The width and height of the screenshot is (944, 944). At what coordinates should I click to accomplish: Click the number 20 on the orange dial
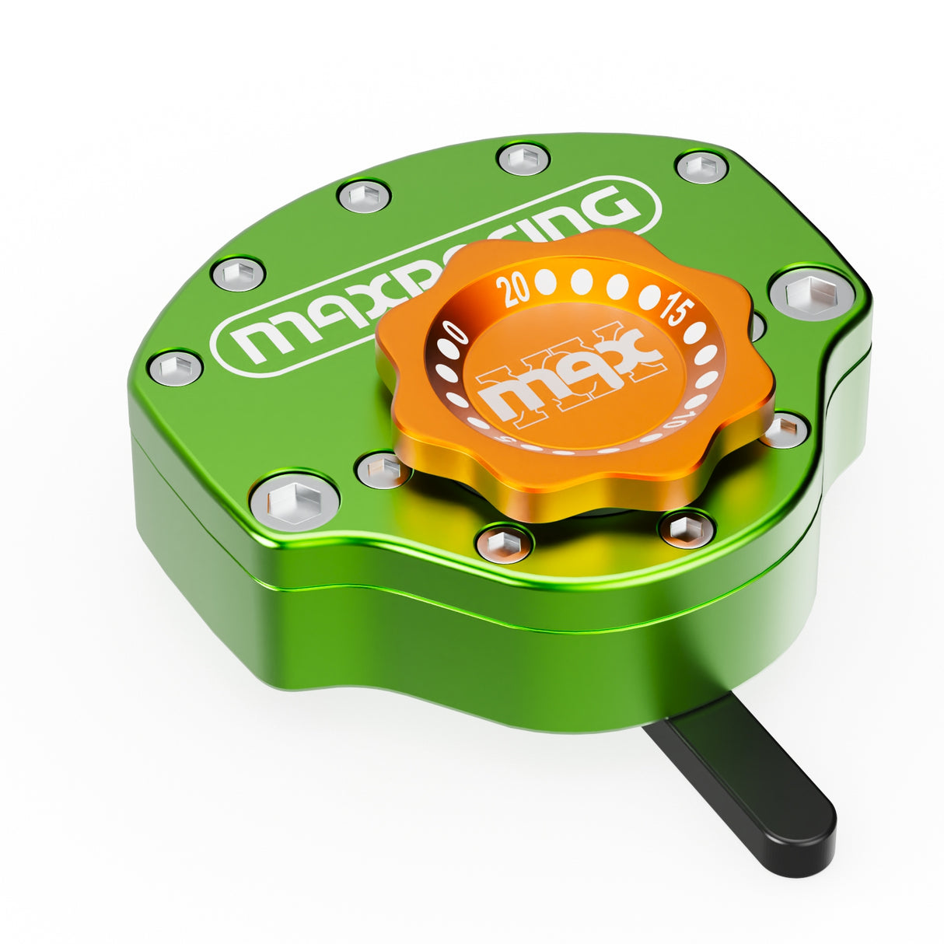pyautogui.click(x=516, y=290)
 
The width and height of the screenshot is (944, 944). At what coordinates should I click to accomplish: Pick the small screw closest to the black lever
pyautogui.click(x=687, y=530)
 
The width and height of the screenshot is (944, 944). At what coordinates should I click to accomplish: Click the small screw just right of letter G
pyautogui.click(x=702, y=166)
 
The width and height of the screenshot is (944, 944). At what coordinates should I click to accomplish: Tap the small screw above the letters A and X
pyautogui.click(x=365, y=195)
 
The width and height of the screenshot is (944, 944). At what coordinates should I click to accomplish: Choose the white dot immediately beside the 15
pyautogui.click(x=649, y=295)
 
